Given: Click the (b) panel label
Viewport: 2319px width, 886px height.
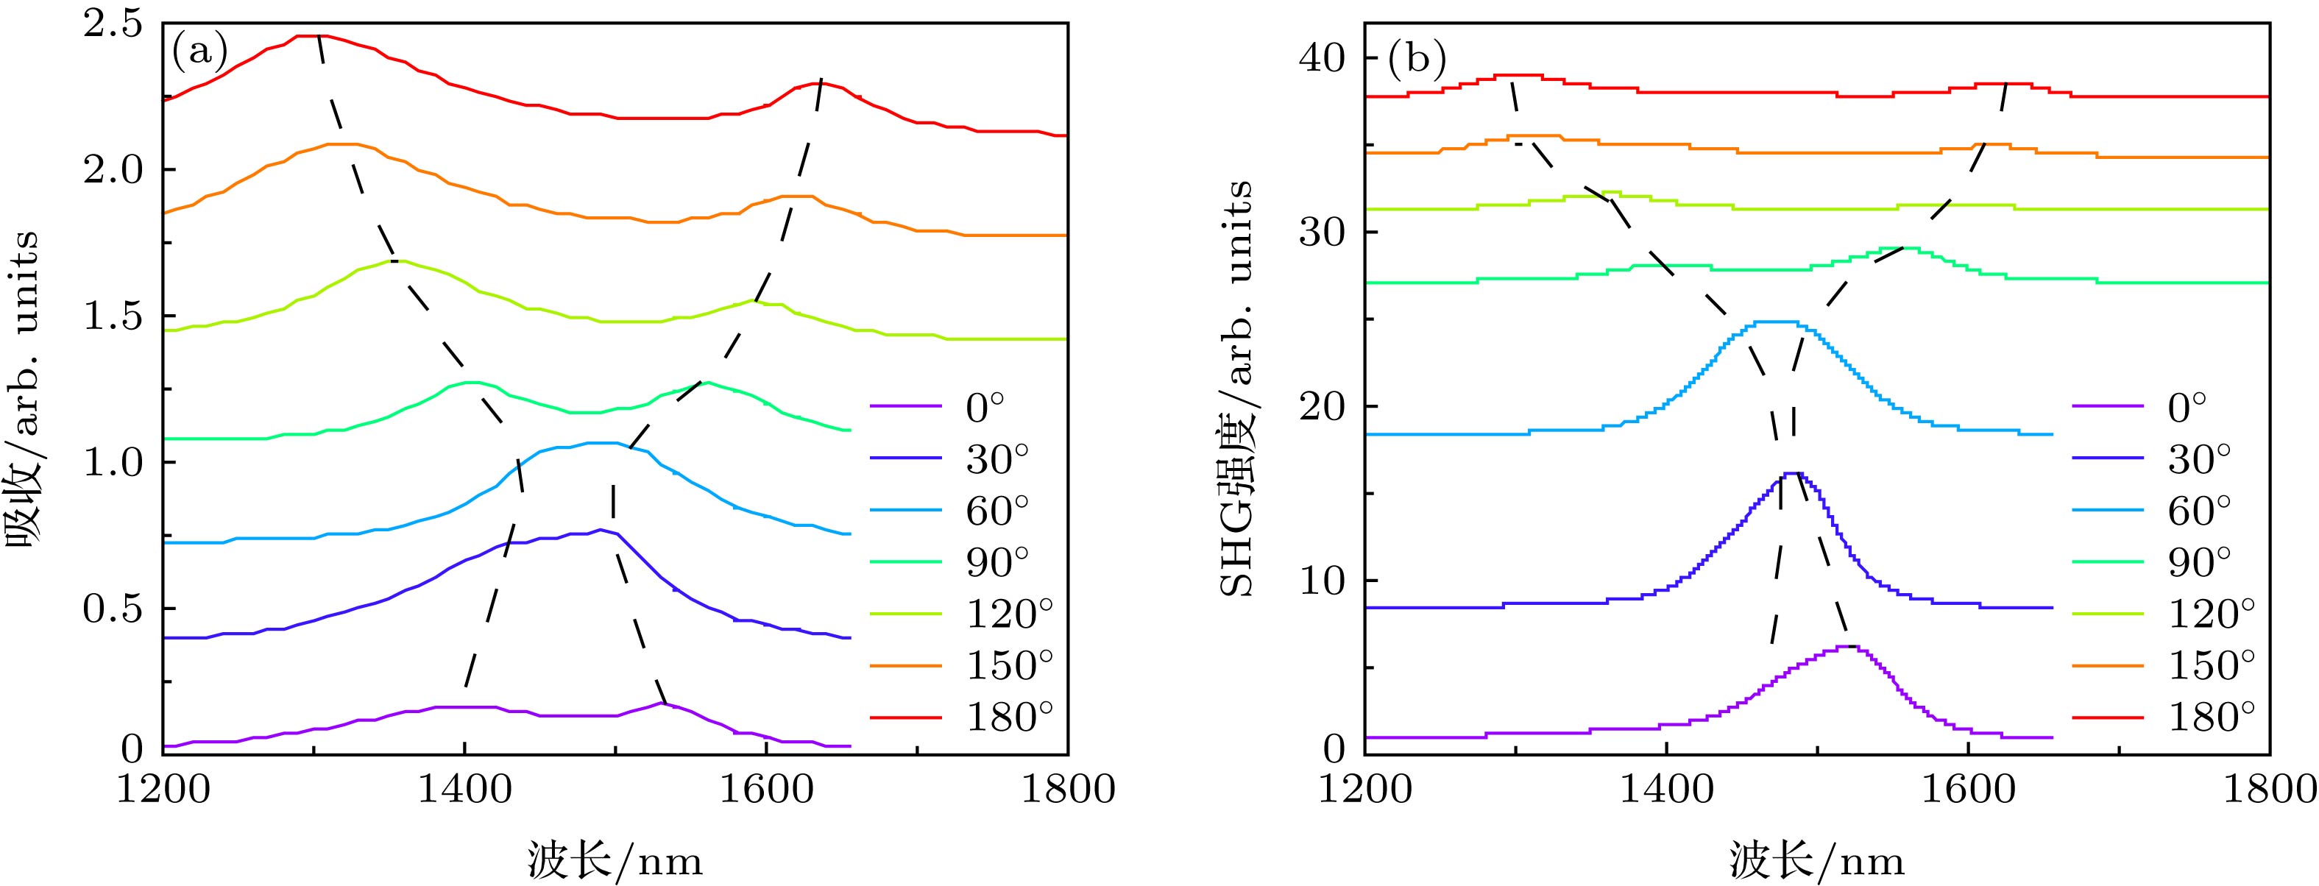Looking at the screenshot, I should click(x=1417, y=60).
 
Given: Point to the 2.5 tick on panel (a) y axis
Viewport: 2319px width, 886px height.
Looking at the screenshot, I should click(x=113, y=24).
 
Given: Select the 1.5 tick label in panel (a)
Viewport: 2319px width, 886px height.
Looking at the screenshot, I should click(x=113, y=317).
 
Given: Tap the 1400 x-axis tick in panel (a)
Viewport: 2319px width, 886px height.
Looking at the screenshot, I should click(x=464, y=790).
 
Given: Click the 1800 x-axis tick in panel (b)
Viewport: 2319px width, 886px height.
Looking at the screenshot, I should click(x=2268, y=790).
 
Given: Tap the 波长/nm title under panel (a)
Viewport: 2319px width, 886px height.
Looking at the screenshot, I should click(x=615, y=862).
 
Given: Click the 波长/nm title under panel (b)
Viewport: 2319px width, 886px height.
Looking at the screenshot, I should click(x=1816, y=862).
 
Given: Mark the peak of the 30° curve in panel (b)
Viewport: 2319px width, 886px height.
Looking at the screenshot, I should click(x=1789, y=474).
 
